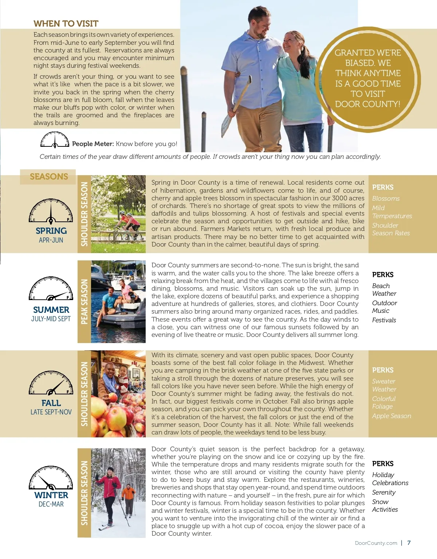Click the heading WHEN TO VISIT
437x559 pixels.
tap(66, 24)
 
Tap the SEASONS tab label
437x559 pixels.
tap(49, 177)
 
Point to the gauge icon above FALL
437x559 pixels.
tap(51, 383)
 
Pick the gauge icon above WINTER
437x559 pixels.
tap(51, 478)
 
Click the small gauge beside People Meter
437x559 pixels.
tap(55, 140)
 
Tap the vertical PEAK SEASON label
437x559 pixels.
tap(84, 302)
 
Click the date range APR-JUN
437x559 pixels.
tap(51, 240)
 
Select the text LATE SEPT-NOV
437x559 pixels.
tap(51, 412)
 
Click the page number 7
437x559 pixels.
tap(409, 543)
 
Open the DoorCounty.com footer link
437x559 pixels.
tap(376, 543)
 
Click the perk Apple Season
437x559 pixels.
tap(391, 416)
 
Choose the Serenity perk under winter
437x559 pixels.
tap(383, 492)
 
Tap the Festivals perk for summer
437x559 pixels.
tap(384, 320)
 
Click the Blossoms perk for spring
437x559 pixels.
tap(386, 198)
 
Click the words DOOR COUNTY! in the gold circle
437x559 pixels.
tap(367, 104)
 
